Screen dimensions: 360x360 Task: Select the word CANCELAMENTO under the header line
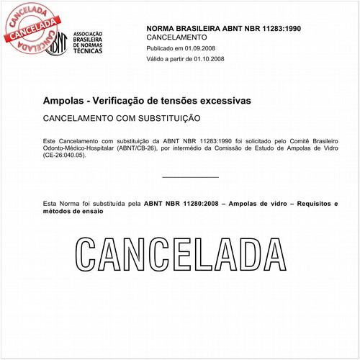pos(176,37)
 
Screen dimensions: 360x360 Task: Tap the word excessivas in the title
pos(224,100)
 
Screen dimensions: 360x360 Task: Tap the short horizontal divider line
pos(190,176)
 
